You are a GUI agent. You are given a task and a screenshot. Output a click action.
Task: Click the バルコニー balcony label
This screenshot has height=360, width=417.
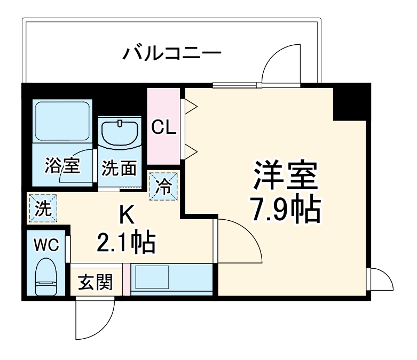171,53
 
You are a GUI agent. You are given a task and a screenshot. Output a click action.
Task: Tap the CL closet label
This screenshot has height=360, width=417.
164,127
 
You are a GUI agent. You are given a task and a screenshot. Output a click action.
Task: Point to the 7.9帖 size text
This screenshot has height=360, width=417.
286,209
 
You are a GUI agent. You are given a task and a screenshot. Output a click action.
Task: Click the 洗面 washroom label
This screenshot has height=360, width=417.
119,169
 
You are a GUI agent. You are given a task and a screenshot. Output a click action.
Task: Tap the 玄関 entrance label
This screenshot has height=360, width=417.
96,282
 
